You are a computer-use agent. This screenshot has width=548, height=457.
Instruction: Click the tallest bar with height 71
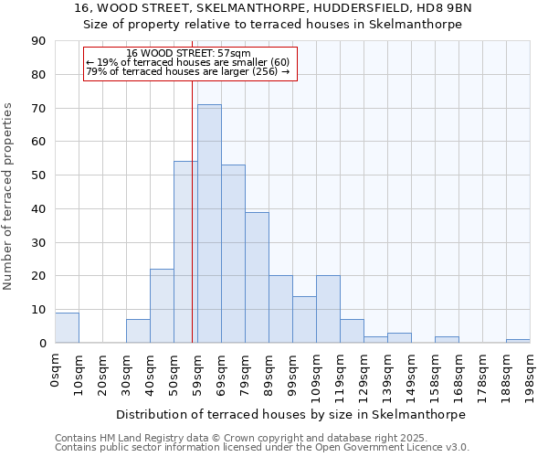[209, 224]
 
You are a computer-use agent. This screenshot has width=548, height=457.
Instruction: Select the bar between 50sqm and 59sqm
[185, 252]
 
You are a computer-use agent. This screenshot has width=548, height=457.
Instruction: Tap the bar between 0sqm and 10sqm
[67, 328]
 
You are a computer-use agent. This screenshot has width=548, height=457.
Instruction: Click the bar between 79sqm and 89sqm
[257, 278]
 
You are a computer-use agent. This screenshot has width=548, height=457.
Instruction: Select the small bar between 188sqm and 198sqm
[518, 341]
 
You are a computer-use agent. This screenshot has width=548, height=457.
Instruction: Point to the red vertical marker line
[192, 210]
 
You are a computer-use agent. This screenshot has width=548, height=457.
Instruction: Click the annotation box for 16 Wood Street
[190, 63]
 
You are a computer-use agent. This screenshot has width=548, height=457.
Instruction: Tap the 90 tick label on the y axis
[39, 41]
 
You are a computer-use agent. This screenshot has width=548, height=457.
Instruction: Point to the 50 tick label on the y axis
[39, 175]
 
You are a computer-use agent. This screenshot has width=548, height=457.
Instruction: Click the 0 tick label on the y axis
[43, 344]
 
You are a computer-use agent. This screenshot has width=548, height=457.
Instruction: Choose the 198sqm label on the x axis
[531, 377]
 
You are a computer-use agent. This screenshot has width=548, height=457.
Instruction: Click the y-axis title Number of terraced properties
[10, 197]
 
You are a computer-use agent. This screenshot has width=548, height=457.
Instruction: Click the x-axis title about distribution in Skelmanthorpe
[290, 414]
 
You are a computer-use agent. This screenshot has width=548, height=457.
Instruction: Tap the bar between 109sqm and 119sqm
[328, 309]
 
